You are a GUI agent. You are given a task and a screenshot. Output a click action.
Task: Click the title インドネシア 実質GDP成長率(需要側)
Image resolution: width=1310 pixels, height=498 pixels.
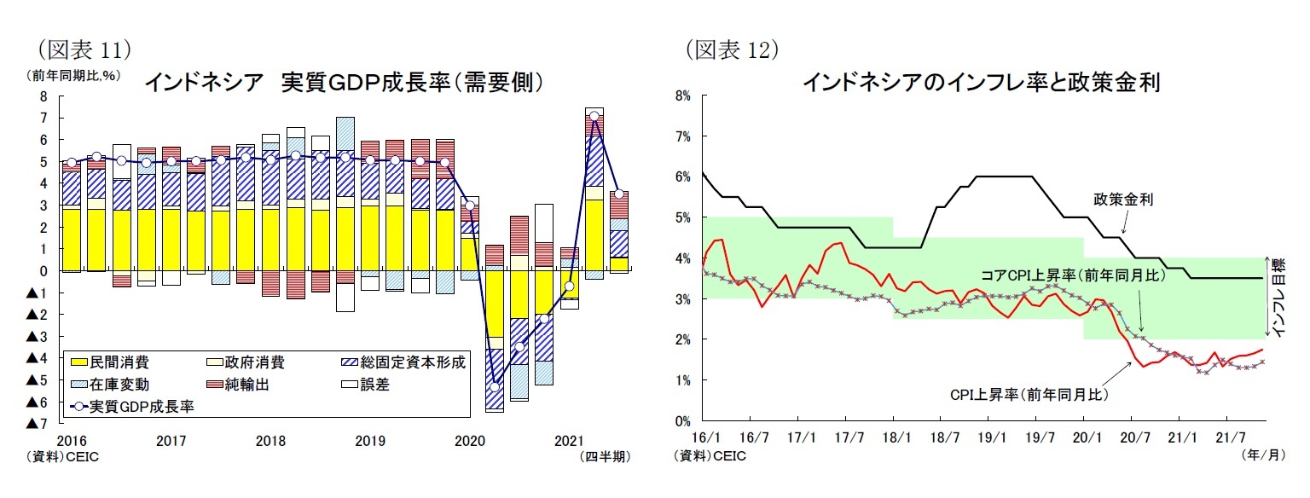[x=344, y=83]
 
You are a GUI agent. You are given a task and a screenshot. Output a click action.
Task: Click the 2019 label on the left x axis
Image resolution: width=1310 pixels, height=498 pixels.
[x=369, y=441]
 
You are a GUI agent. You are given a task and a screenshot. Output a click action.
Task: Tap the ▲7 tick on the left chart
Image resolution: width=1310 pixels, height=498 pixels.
[x=38, y=424]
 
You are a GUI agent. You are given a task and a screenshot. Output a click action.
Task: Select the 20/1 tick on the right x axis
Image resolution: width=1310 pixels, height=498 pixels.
[x=1083, y=437]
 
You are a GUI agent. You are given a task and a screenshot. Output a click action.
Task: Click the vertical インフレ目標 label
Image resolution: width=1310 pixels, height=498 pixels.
[x=1280, y=298]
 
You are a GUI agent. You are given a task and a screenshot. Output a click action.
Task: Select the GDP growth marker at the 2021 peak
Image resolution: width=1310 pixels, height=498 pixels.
[x=594, y=116]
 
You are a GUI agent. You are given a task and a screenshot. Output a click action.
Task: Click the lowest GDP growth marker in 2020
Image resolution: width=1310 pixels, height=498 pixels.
[x=495, y=387]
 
